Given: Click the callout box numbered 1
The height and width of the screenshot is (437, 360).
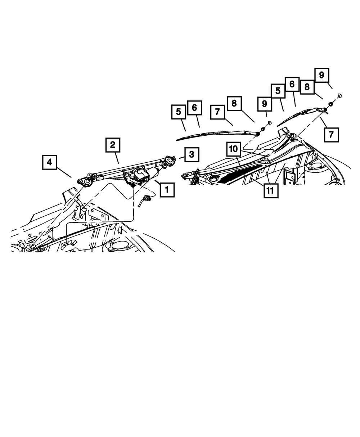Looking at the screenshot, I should pyautogui.click(x=167, y=189).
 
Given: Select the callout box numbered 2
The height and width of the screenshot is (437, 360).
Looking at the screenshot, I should pyautogui.click(x=113, y=145).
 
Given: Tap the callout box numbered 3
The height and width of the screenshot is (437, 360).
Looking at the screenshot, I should pyautogui.click(x=192, y=155).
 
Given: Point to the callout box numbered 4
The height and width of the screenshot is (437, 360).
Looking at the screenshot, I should pyautogui.click(x=50, y=162).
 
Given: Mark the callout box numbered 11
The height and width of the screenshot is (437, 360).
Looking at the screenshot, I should pyautogui.click(x=270, y=191).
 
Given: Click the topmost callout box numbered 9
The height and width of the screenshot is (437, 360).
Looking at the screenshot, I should pyautogui.click(x=321, y=75).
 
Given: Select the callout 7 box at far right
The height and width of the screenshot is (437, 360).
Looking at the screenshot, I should pyautogui.click(x=331, y=135).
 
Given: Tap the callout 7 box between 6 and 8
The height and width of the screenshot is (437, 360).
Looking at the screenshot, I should pyautogui.click(x=217, y=112).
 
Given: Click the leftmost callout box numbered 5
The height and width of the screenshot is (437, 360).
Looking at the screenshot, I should pyautogui.click(x=179, y=112).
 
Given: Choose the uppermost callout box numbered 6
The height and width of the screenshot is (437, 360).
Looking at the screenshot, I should pyautogui.click(x=292, y=84).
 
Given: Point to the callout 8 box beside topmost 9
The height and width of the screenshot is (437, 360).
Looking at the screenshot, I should pyautogui.click(x=307, y=87).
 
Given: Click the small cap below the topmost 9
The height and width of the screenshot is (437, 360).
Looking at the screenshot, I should pyautogui.click(x=340, y=95).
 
